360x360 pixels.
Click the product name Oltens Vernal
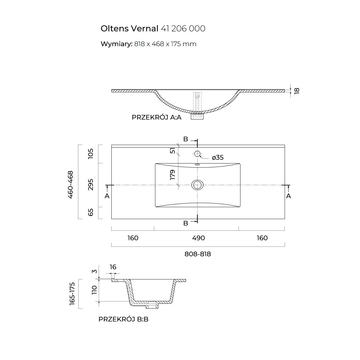(x=129, y=28)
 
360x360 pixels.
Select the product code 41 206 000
(x=183, y=28)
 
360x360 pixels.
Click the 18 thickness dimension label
(x=297, y=91)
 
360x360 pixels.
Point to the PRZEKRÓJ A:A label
(x=157, y=117)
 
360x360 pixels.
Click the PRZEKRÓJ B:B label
(x=123, y=319)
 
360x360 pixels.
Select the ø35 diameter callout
(x=217, y=157)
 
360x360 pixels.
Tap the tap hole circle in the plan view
(x=197, y=154)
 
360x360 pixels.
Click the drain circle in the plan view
(x=197, y=185)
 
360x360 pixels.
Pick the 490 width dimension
(x=198, y=238)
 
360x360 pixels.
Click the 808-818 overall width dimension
(x=198, y=254)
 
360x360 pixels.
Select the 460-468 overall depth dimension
(x=70, y=184)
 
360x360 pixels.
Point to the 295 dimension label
(x=91, y=185)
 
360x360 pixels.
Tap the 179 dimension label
(x=172, y=175)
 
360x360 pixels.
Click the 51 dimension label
(x=172, y=150)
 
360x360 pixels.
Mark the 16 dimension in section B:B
(x=113, y=267)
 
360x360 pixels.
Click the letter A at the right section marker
(x=289, y=196)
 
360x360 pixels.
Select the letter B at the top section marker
(x=186, y=139)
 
